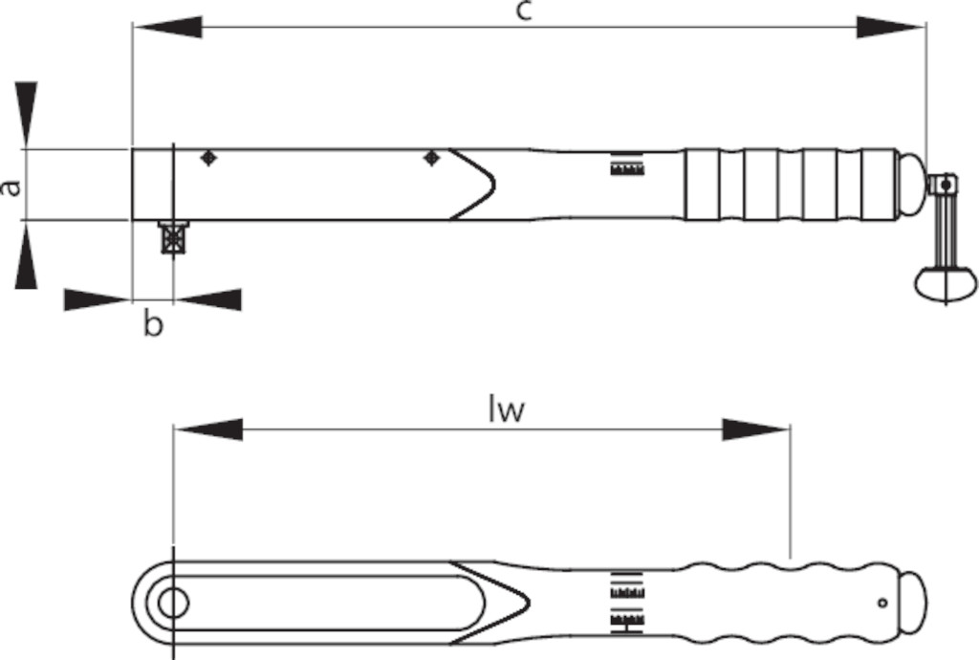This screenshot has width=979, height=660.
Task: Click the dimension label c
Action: [525, 11]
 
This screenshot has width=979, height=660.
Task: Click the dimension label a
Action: [11, 187]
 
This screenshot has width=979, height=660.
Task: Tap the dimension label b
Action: [153, 324]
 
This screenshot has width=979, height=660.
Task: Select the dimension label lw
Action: [507, 411]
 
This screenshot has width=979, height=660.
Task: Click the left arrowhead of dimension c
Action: [167, 28]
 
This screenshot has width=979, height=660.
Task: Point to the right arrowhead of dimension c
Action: [891, 28]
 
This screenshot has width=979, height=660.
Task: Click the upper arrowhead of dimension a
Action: [26, 116]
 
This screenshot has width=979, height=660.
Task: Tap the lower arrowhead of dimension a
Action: [26, 254]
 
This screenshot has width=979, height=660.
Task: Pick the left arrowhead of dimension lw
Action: [207, 429]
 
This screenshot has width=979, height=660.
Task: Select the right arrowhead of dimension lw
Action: [756, 429]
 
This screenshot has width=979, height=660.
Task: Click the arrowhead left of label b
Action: [98, 299]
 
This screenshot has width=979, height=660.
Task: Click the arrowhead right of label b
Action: [207, 299]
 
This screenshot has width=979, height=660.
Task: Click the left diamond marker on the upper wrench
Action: [209, 158]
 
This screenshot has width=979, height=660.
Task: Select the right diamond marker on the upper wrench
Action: [431, 158]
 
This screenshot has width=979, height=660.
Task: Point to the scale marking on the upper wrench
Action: [627, 164]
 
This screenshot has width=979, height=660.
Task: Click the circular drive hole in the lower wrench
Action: [173, 604]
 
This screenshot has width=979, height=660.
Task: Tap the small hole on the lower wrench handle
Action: [882, 604]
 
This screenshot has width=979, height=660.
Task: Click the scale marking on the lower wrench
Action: [627, 603]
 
